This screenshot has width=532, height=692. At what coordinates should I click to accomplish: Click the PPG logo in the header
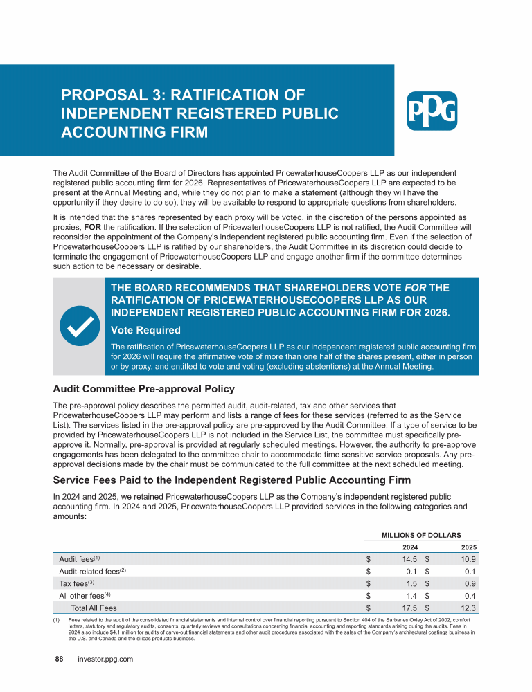click(x=431, y=111)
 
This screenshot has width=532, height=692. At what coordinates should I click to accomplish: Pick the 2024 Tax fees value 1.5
click(x=409, y=583)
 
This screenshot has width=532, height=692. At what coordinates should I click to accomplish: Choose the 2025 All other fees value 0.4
click(x=470, y=595)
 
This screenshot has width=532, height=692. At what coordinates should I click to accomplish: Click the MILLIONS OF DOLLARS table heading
click(x=421, y=534)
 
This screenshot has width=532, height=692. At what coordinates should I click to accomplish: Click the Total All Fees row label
click(x=94, y=608)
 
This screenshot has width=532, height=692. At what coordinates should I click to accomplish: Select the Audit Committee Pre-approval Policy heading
click(x=144, y=388)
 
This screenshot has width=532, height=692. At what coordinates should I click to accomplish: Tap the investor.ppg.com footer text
click(x=105, y=659)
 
